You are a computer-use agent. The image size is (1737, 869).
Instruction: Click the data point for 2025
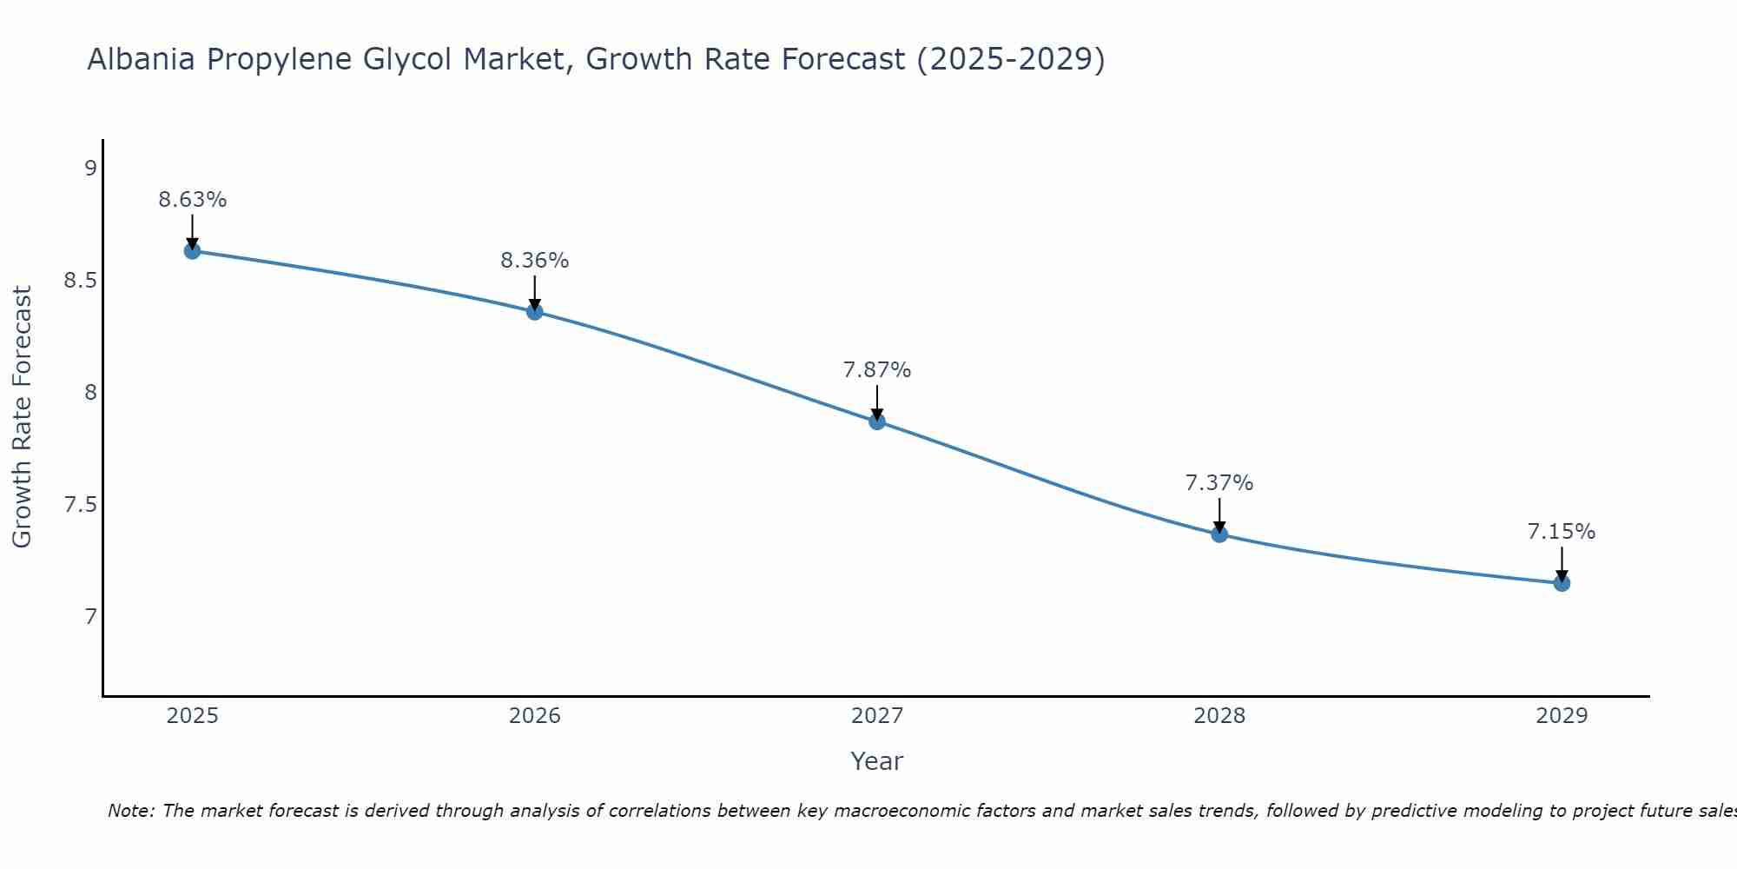pyautogui.click(x=192, y=251)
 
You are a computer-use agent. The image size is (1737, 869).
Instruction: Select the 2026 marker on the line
pyautogui.click(x=535, y=311)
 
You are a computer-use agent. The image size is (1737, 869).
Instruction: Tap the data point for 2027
pyautogui.click(x=877, y=421)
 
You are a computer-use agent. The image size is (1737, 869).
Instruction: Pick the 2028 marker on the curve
pyautogui.click(x=1219, y=534)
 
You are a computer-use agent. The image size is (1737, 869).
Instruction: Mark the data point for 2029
pyautogui.click(x=1562, y=583)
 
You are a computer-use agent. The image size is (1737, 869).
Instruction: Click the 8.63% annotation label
pyautogui.click(x=192, y=200)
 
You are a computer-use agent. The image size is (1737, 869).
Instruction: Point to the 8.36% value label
pyautogui.click(x=535, y=261)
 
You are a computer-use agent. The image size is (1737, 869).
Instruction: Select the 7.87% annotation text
pyautogui.click(x=877, y=370)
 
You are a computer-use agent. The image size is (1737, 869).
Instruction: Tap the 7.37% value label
pyautogui.click(x=1219, y=483)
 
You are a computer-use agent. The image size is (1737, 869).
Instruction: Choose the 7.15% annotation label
pyautogui.click(x=1562, y=532)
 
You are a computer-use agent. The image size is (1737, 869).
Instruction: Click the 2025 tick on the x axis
pyautogui.click(x=192, y=716)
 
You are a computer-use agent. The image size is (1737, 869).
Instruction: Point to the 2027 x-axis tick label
pyautogui.click(x=877, y=716)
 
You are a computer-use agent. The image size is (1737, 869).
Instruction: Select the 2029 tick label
pyautogui.click(x=1562, y=716)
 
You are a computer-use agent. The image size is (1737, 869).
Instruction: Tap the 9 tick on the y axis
pyautogui.click(x=90, y=169)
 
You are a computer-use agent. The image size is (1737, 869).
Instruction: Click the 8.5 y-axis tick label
pyautogui.click(x=80, y=281)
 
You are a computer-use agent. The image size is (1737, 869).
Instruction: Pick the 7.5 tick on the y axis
pyautogui.click(x=80, y=505)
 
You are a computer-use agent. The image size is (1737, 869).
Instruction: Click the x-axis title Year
pyautogui.click(x=877, y=761)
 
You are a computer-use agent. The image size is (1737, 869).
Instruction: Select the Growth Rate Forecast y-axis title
pyautogui.click(x=23, y=417)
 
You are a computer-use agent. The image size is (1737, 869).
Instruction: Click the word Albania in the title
pyautogui.click(x=141, y=60)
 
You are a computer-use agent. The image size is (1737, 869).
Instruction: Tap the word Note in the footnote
pyautogui.click(x=129, y=811)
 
